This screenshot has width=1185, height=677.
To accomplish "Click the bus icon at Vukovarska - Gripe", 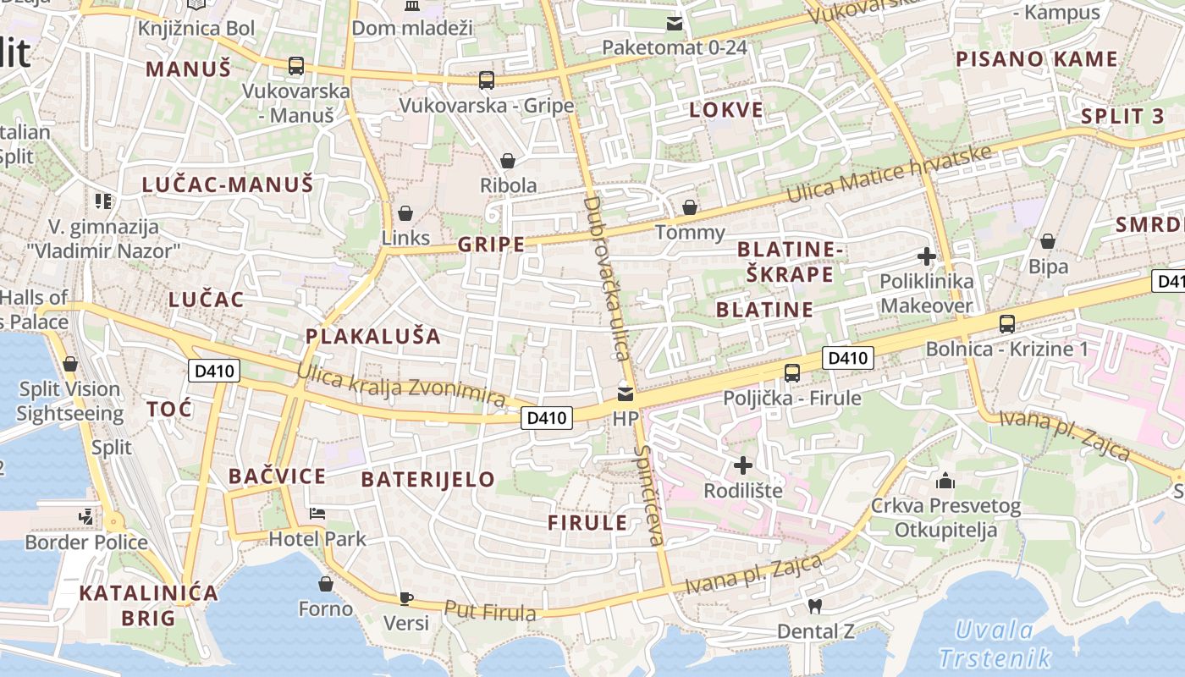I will [x=486, y=80].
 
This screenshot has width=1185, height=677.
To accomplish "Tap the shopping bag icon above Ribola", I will [x=508, y=161].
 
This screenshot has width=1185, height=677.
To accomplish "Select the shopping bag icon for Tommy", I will [x=690, y=207].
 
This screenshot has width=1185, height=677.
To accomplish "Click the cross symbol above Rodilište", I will [x=742, y=465].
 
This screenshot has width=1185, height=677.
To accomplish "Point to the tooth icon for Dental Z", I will [x=815, y=606].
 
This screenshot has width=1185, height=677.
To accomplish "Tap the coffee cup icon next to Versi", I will [x=406, y=598].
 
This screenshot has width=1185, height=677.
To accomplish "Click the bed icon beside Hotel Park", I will [x=317, y=514].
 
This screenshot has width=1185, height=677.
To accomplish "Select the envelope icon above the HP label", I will [x=626, y=394].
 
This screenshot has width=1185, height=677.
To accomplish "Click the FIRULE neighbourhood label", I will [x=587, y=522].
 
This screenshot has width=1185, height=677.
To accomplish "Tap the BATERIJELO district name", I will [x=427, y=479].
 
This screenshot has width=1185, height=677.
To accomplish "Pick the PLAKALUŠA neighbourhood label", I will [x=373, y=336].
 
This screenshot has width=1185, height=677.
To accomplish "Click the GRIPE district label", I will [x=491, y=245].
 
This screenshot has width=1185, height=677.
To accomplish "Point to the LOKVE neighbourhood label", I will [x=725, y=109].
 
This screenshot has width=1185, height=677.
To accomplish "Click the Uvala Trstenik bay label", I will [x=995, y=644].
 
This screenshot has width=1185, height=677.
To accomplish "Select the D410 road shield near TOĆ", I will [x=213, y=370].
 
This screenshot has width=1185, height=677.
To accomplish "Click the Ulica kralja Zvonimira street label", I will [x=401, y=386].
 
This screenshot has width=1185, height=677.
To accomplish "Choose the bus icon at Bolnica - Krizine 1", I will [x=1007, y=323].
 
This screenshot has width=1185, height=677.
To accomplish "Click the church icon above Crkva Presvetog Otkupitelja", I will [x=945, y=482].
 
